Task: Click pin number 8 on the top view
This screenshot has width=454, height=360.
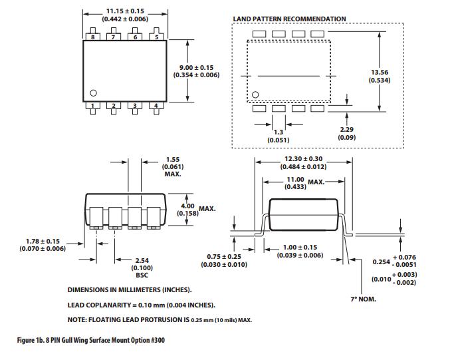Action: point(94,37)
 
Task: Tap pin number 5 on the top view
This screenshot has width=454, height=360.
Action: point(157,37)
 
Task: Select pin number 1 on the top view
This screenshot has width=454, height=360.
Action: point(94,106)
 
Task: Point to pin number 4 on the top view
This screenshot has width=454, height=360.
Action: point(157,106)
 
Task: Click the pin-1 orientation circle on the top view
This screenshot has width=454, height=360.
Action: point(94,93)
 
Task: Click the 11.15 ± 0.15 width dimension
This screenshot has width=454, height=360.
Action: point(126,12)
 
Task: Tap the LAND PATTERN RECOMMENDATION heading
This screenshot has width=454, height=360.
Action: point(289,19)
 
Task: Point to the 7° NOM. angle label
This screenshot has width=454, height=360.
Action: point(363,299)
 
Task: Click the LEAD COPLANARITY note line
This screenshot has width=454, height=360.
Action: point(141,305)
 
